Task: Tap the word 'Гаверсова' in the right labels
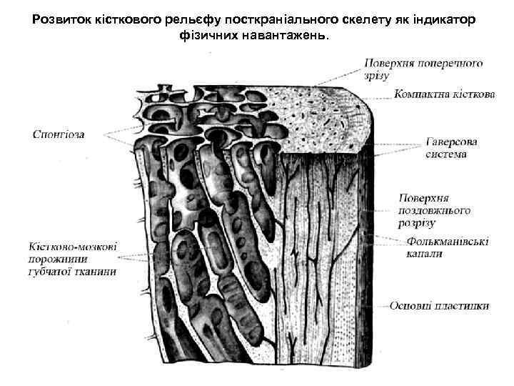coord(452,142)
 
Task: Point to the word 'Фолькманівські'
coord(448,242)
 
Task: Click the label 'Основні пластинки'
coord(439,306)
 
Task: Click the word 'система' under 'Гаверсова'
coord(446,154)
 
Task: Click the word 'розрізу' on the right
coord(416,223)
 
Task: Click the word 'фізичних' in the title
coord(208,34)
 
